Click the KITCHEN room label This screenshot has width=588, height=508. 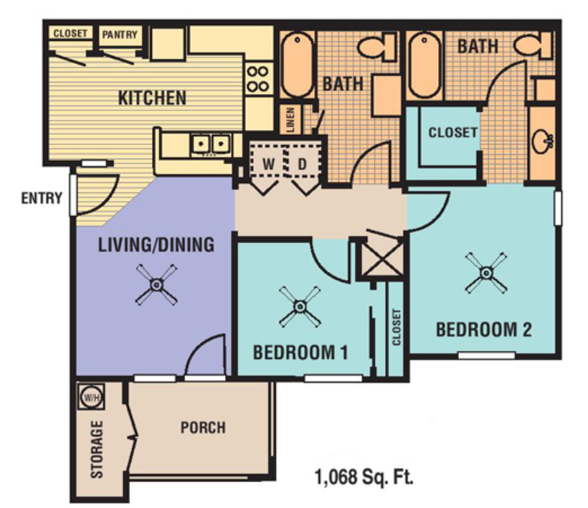(152, 98)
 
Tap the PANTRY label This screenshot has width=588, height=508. (120, 34)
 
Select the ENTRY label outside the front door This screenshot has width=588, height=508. (41, 198)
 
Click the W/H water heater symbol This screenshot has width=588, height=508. (90, 395)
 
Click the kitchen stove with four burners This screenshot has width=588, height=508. (257, 79)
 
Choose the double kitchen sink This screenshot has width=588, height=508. (210, 144)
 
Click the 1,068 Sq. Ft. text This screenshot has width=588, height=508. (364, 475)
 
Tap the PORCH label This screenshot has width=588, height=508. (202, 428)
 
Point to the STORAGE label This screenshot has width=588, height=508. (97, 449)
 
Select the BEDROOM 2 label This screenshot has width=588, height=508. (484, 330)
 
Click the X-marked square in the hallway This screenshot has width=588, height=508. (380, 260)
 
